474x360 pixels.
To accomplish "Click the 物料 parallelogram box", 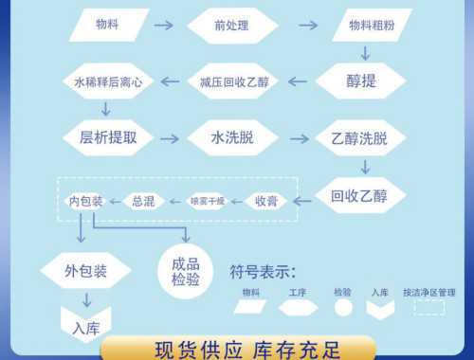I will (x=108, y=25).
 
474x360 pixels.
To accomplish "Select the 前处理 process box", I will (x=232, y=25).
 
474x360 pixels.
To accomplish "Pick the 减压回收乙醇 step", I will (x=233, y=81).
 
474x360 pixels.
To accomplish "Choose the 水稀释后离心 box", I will (x=108, y=81).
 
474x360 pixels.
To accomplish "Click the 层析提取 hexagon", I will (x=108, y=137).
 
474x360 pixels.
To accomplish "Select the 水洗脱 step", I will (x=233, y=138).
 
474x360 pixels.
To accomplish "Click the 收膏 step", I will (x=265, y=201).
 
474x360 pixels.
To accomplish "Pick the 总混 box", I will (x=143, y=201).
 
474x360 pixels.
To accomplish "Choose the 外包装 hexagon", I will (x=85, y=271).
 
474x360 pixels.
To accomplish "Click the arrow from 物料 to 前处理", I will (x=163, y=25).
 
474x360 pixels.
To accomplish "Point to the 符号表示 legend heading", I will (x=264, y=273).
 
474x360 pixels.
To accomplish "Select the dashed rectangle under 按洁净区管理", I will (x=429, y=308).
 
